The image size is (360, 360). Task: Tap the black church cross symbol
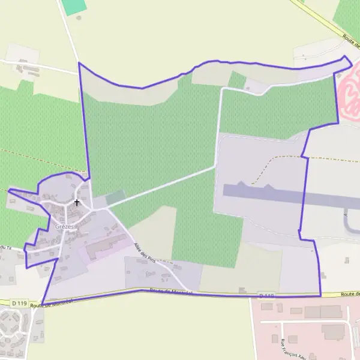click(x=77, y=202)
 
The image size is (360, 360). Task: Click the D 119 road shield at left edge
click(x=19, y=304)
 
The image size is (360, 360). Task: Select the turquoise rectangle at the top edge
click(x=74, y=7)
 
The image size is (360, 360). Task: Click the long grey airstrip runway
click(x=288, y=196)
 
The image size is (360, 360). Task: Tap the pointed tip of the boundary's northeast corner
click(x=346, y=57)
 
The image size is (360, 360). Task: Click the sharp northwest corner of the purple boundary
click(x=79, y=62)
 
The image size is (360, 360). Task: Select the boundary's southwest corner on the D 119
click(x=42, y=304)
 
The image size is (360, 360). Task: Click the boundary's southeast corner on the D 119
click(x=320, y=295)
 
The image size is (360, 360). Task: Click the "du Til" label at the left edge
click(x=6, y=248)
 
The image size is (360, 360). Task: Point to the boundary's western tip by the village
click(x=8, y=191)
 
